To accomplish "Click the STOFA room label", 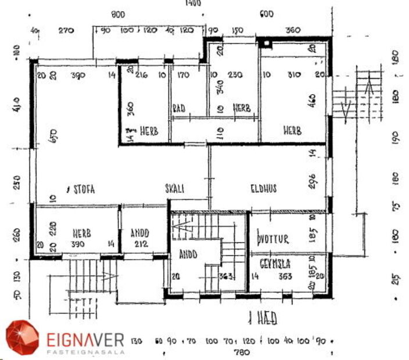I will coord(83,189).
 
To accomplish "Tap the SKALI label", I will coord(175,189).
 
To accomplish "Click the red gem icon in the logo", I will coord(22,337).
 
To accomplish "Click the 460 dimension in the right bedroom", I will coord(312,101).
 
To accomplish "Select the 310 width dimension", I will coord(292,75).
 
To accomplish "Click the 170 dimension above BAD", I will coord(183,75).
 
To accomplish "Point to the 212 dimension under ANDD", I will coord(141,244).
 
